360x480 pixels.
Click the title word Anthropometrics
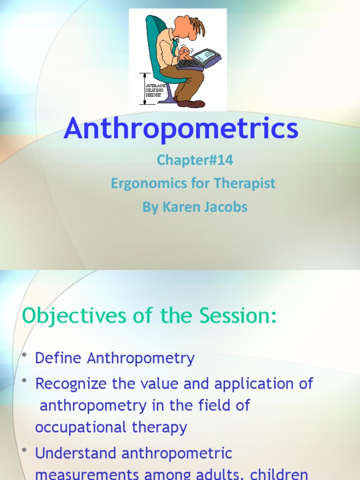click(181, 128)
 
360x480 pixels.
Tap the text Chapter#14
click(195, 160)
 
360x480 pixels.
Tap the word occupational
click(78, 427)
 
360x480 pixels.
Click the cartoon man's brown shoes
click(190, 103)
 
